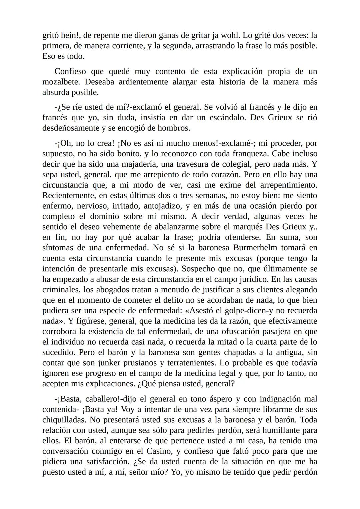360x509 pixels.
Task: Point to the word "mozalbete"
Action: (x=61, y=82)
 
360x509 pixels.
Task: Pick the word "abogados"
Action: (x=111, y=290)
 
